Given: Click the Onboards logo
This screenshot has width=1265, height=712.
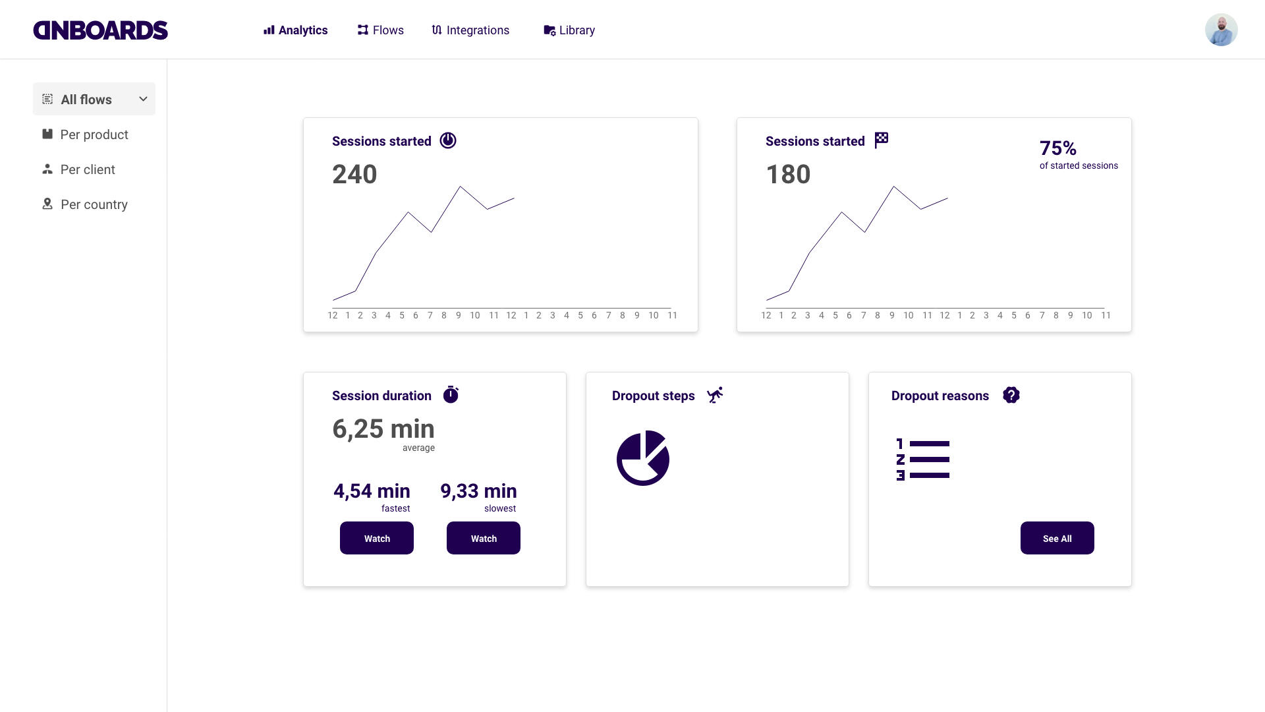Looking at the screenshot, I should click(100, 30).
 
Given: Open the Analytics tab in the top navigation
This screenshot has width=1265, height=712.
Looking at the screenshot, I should click(296, 30).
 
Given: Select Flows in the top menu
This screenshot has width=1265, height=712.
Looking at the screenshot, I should click(381, 30).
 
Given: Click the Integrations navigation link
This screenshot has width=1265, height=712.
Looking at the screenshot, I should click(470, 30).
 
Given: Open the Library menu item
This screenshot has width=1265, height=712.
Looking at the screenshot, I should click(569, 30).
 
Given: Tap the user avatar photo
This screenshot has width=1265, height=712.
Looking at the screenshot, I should click(1221, 30).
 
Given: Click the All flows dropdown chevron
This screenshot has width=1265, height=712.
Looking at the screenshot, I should click(143, 99).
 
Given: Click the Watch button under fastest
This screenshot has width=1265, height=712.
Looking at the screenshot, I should click(377, 538).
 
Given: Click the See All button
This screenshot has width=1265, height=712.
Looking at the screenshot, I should click(1057, 538).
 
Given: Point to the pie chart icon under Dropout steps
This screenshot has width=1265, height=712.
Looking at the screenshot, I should click(643, 458).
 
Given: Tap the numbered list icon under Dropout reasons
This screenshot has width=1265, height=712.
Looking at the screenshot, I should click(922, 460).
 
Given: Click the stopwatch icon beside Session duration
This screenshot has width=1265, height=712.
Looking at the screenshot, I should click(451, 394).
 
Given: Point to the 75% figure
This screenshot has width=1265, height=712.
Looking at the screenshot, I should click(1058, 148).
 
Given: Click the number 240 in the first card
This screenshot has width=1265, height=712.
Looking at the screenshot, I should click(354, 175).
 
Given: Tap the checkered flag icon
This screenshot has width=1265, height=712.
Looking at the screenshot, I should click(882, 140).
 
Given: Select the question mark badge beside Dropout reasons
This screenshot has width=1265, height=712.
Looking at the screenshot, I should click(1011, 395).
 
